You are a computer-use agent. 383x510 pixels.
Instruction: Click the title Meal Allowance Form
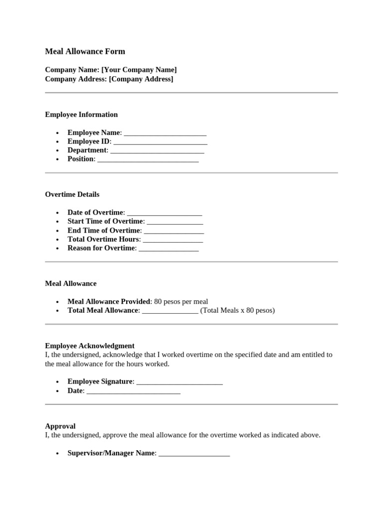[x=85, y=51]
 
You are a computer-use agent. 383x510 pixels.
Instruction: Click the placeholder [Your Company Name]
[x=139, y=70]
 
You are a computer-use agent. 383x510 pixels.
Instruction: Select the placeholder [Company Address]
[x=141, y=79]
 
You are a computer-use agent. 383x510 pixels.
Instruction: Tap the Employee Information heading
[x=81, y=115]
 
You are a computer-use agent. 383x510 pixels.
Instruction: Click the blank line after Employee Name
[x=165, y=133]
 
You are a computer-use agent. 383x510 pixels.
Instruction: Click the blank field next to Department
[x=157, y=150]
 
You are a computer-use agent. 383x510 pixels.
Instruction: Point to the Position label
[x=80, y=159]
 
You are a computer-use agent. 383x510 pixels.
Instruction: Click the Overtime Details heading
[x=72, y=194]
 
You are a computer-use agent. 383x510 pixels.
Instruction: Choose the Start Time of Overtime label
[x=105, y=221]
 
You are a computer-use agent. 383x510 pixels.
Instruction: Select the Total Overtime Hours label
[x=104, y=239]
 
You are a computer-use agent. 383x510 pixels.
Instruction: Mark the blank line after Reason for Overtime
[x=169, y=248]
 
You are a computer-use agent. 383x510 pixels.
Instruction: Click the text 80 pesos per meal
[x=181, y=301]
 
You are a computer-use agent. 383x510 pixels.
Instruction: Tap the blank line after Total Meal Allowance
[x=170, y=310]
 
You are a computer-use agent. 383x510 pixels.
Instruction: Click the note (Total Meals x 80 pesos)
[x=237, y=310]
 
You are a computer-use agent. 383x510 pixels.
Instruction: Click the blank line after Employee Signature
[x=179, y=382]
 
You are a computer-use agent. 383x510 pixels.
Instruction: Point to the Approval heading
[x=60, y=426]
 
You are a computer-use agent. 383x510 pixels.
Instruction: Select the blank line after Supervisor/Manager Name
[x=194, y=453]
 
